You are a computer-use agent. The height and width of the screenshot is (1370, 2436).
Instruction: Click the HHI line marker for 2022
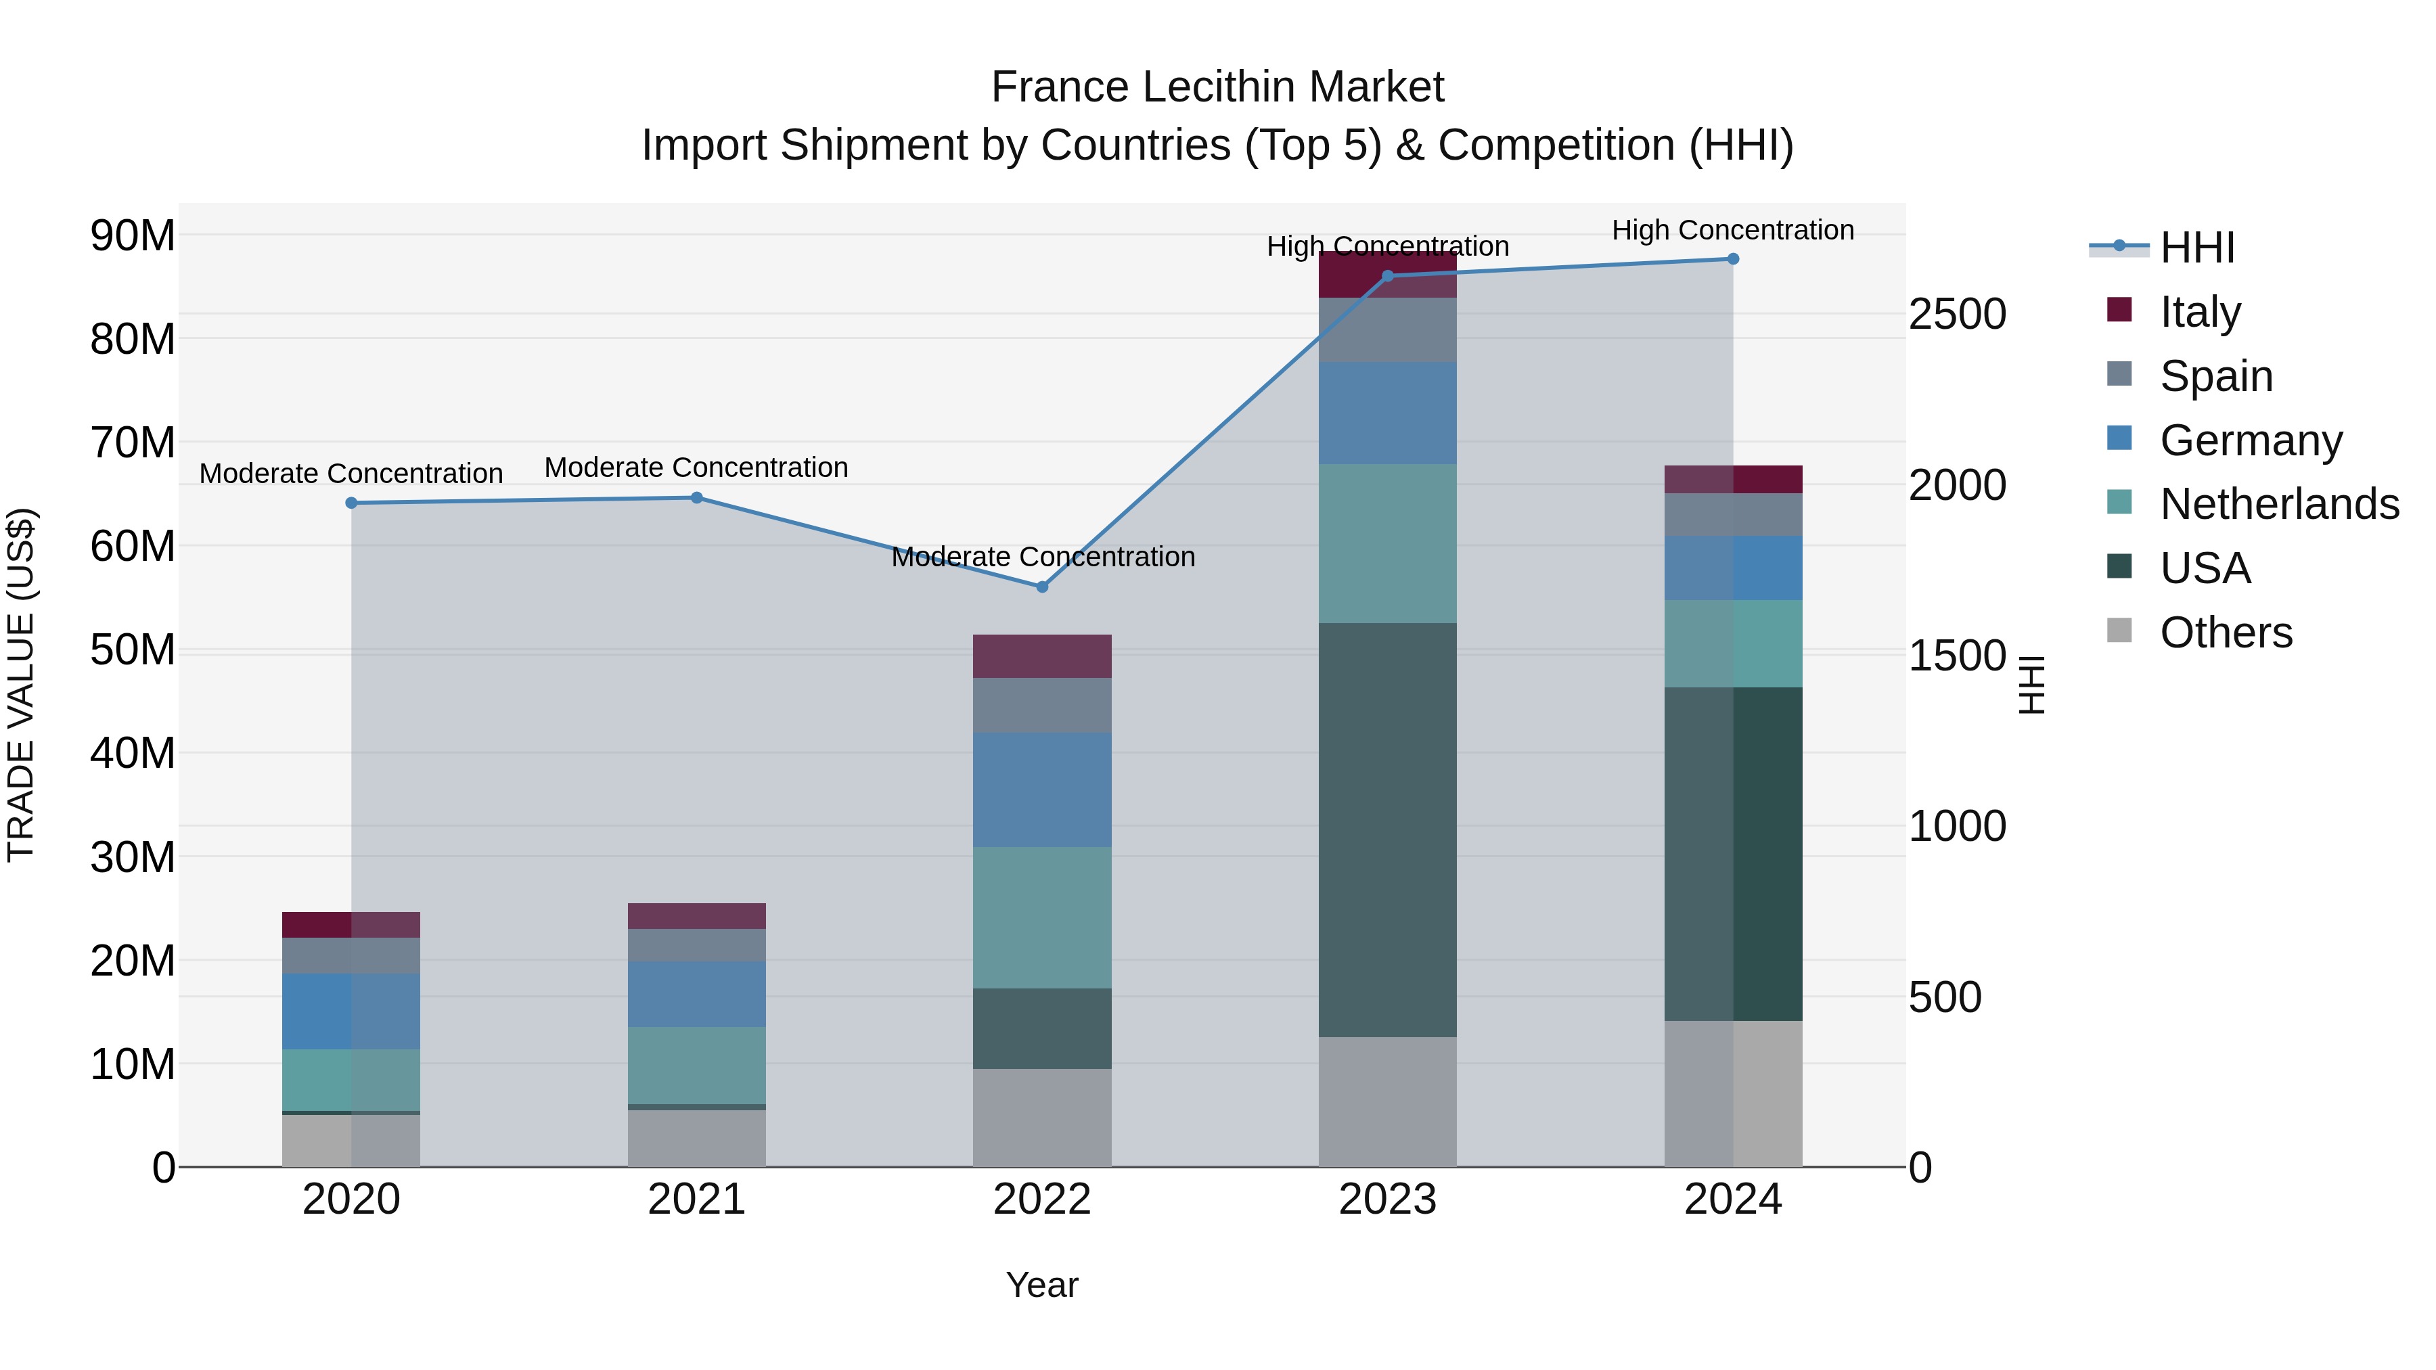pos(1042,587)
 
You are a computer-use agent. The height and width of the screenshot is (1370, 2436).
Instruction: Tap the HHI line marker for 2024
pos(1732,259)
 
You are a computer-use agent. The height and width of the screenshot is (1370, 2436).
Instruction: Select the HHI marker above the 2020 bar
pos(351,503)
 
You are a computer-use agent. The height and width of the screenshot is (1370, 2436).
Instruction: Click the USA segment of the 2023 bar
pos(1387,829)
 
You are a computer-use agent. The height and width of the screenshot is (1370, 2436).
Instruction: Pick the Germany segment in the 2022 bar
pos(1042,790)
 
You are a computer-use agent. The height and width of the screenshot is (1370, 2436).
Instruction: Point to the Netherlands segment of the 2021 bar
pos(696,1066)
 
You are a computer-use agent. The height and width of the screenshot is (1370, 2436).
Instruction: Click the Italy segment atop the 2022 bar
pos(1042,656)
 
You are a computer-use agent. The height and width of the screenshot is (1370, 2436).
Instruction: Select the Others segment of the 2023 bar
pos(1387,1101)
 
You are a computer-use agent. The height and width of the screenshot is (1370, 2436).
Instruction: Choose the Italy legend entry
pos(2200,312)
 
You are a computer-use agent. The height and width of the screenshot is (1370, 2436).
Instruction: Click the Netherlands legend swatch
pos(2119,502)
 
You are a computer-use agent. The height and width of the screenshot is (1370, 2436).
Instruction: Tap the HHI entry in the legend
pos(2196,248)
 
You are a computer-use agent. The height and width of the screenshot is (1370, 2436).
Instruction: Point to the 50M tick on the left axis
pos(133,650)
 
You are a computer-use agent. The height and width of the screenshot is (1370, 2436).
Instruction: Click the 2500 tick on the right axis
pos(1956,314)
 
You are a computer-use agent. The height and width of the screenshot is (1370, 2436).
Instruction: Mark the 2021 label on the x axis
pos(696,1200)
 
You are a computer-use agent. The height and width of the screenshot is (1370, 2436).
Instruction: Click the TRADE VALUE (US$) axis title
pos(21,685)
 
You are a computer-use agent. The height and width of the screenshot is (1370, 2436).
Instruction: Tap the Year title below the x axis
pos(1042,1285)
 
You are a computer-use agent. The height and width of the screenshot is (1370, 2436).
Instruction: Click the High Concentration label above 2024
pos(1732,230)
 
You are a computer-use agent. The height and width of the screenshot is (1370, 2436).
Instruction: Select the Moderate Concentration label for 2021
pos(696,467)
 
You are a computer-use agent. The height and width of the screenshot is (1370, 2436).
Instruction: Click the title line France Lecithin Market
pos(1217,87)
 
